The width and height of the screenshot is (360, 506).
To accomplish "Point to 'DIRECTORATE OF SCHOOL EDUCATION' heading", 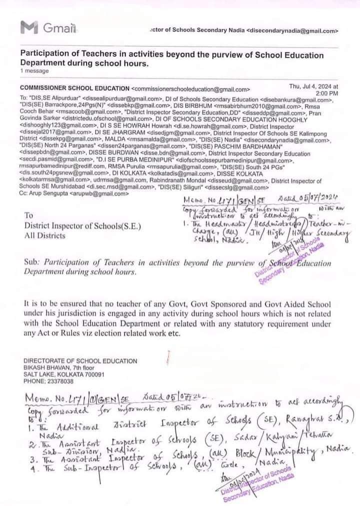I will pos(80,361).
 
